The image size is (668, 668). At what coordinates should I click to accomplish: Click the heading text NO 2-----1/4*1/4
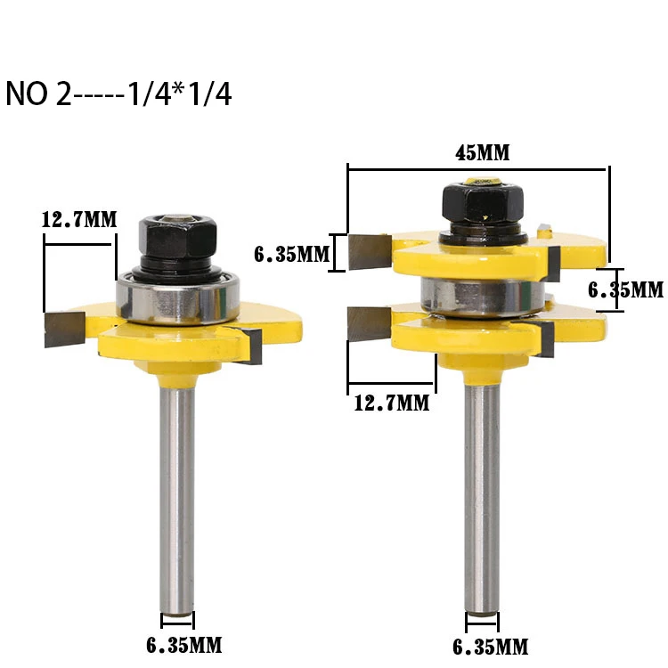click(x=118, y=94)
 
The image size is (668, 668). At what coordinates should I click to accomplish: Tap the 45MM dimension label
click(x=482, y=153)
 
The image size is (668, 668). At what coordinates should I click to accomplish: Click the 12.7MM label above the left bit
click(x=79, y=220)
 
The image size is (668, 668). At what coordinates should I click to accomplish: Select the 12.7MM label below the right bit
click(x=392, y=403)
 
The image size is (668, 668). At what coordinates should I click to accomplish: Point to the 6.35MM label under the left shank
click(x=184, y=646)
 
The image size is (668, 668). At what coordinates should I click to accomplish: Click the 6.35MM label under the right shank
click(x=491, y=648)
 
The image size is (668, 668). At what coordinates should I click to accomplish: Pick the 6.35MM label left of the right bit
click(x=292, y=255)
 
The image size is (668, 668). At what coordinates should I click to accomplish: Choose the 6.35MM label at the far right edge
click(x=626, y=290)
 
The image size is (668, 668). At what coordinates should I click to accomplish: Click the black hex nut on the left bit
click(x=177, y=237)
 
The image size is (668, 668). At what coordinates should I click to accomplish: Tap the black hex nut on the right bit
click(x=483, y=203)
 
